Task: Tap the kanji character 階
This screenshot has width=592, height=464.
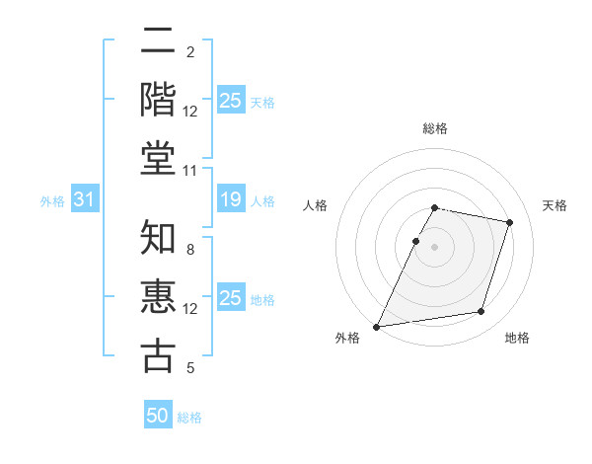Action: pos(159,99)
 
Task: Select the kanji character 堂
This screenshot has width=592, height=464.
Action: pos(159,158)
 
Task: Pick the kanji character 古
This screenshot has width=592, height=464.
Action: pos(159,356)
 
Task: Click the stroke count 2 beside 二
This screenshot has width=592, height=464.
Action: pos(190,52)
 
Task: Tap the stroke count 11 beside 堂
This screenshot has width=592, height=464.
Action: pos(190,171)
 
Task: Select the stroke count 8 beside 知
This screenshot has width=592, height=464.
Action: pos(190,251)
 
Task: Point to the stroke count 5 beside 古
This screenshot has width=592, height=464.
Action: pos(190,369)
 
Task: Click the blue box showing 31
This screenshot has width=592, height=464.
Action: pos(84,200)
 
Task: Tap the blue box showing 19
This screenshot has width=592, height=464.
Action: pos(231,200)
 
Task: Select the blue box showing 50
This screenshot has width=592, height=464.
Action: pos(158,416)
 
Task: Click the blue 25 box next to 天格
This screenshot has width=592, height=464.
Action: pos(231,101)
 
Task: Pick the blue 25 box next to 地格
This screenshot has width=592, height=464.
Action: pos(231,298)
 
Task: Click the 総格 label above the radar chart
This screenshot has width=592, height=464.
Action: pos(435,128)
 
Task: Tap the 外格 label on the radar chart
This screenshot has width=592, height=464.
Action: pos(347,338)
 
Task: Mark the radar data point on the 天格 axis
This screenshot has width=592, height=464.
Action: pos(510,222)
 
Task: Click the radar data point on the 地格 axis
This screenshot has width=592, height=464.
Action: pos(481,312)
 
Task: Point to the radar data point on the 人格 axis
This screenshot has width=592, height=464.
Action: pos(415,241)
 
